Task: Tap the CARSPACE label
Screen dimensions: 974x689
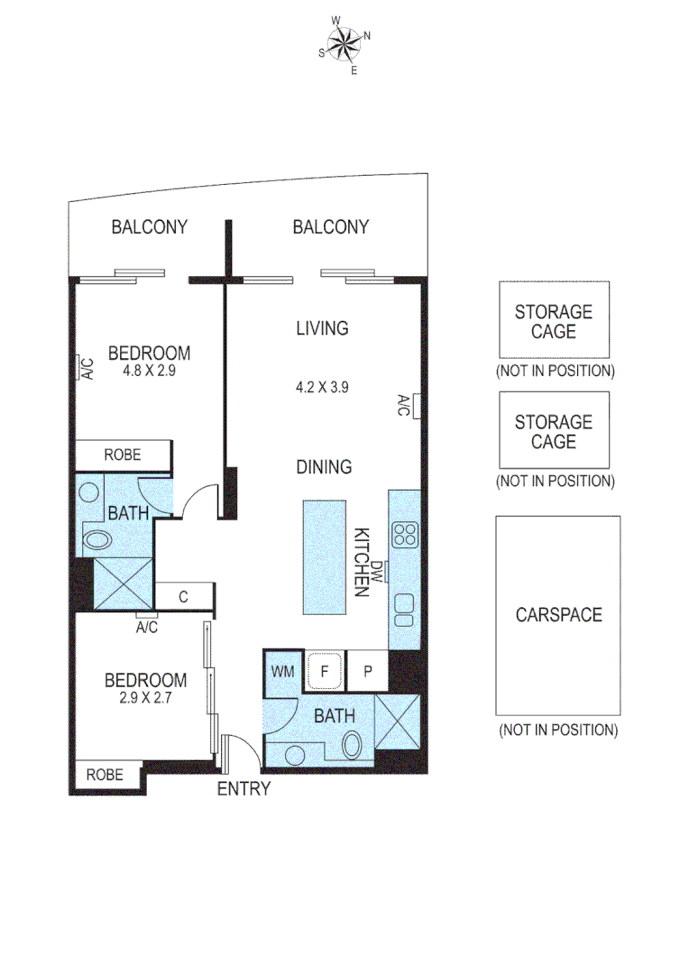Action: point(558,615)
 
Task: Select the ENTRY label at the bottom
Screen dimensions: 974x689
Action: point(243,789)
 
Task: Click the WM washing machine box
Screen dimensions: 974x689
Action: point(282,672)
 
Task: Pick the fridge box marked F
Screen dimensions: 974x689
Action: point(324,671)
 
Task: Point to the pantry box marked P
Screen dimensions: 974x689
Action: point(368,672)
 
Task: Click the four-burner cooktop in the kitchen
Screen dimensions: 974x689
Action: point(405,535)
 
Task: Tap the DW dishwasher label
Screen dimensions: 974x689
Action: point(380,570)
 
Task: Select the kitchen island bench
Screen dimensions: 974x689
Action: point(323,556)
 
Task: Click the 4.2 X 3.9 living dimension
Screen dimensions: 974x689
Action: point(323,387)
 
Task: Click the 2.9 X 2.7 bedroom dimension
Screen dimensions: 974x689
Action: point(145,697)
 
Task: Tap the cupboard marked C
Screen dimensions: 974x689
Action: point(184,596)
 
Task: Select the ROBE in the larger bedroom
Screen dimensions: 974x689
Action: point(123,455)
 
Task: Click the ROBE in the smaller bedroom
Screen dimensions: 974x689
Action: point(106,774)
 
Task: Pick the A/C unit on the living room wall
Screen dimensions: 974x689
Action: point(405,405)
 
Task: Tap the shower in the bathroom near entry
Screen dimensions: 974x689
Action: point(398,721)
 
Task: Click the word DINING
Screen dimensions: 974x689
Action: point(324,467)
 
